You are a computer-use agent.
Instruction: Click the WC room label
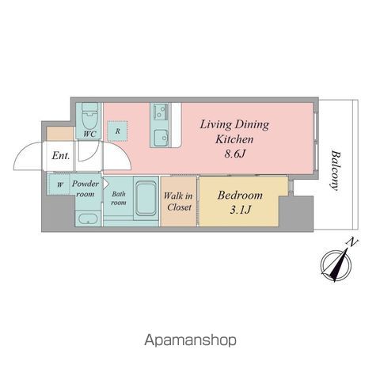click(89, 134)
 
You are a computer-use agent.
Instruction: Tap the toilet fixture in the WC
click(89, 116)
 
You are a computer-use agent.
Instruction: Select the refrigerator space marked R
click(117, 131)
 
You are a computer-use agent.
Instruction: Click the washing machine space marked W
click(60, 184)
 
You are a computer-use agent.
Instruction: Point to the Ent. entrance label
click(61, 156)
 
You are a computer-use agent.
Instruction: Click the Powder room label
click(85, 188)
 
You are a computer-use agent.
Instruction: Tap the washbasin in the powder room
click(89, 218)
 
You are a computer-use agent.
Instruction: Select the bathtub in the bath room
click(146, 198)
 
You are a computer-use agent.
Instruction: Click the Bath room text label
click(119, 198)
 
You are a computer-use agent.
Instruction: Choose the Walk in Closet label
click(178, 201)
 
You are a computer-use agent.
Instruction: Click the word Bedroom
click(240, 196)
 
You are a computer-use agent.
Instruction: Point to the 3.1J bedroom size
click(240, 210)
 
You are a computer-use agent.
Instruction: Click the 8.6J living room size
click(234, 154)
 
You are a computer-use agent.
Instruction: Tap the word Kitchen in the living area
click(234, 139)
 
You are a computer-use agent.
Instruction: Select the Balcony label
click(335, 170)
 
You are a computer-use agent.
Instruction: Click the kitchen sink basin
click(161, 138)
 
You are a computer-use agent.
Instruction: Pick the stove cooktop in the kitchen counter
click(161, 112)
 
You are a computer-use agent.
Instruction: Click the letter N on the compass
click(352, 242)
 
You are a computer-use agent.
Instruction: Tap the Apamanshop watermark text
click(190, 340)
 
